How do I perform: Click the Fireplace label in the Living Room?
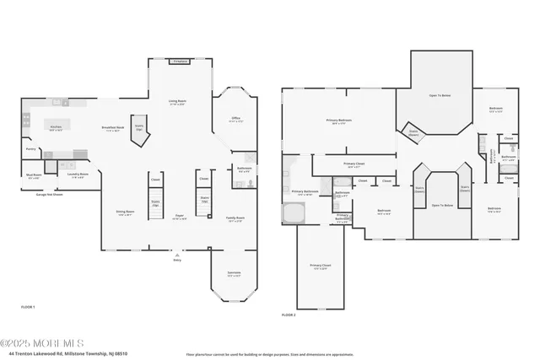[x=180, y=62]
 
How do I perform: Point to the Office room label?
[x=236, y=120]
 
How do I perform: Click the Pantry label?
[x=30, y=149]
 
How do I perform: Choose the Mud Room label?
[x=35, y=177]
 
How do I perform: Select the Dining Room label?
[x=125, y=213]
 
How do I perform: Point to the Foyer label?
[x=180, y=217]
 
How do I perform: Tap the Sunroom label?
[x=234, y=273]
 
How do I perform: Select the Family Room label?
[x=235, y=218]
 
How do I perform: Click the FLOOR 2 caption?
[x=289, y=314]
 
